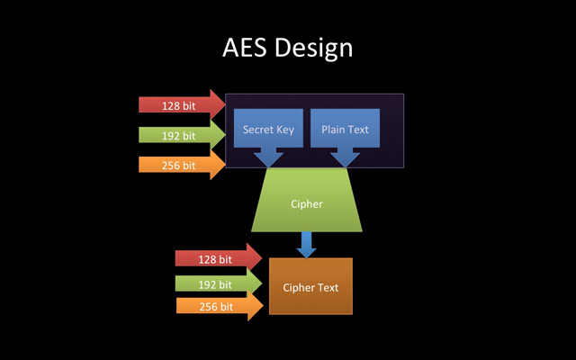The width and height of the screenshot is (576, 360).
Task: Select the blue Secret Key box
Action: tap(268, 129)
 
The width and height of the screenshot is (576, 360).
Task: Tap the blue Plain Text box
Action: tap(346, 129)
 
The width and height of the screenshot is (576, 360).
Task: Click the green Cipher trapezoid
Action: tap(307, 203)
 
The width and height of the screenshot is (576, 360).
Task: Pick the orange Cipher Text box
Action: tap(310, 286)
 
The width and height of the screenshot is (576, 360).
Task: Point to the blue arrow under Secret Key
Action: tap(268, 158)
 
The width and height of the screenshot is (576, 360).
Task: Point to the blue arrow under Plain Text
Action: tap(345, 158)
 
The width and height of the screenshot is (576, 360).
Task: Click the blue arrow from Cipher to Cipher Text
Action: tap(307, 244)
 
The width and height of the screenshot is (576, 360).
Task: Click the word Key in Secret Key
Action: tap(284, 130)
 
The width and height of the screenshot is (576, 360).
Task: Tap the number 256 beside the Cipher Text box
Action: tap(209, 307)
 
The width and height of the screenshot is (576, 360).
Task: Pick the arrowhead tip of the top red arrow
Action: tap(225, 105)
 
